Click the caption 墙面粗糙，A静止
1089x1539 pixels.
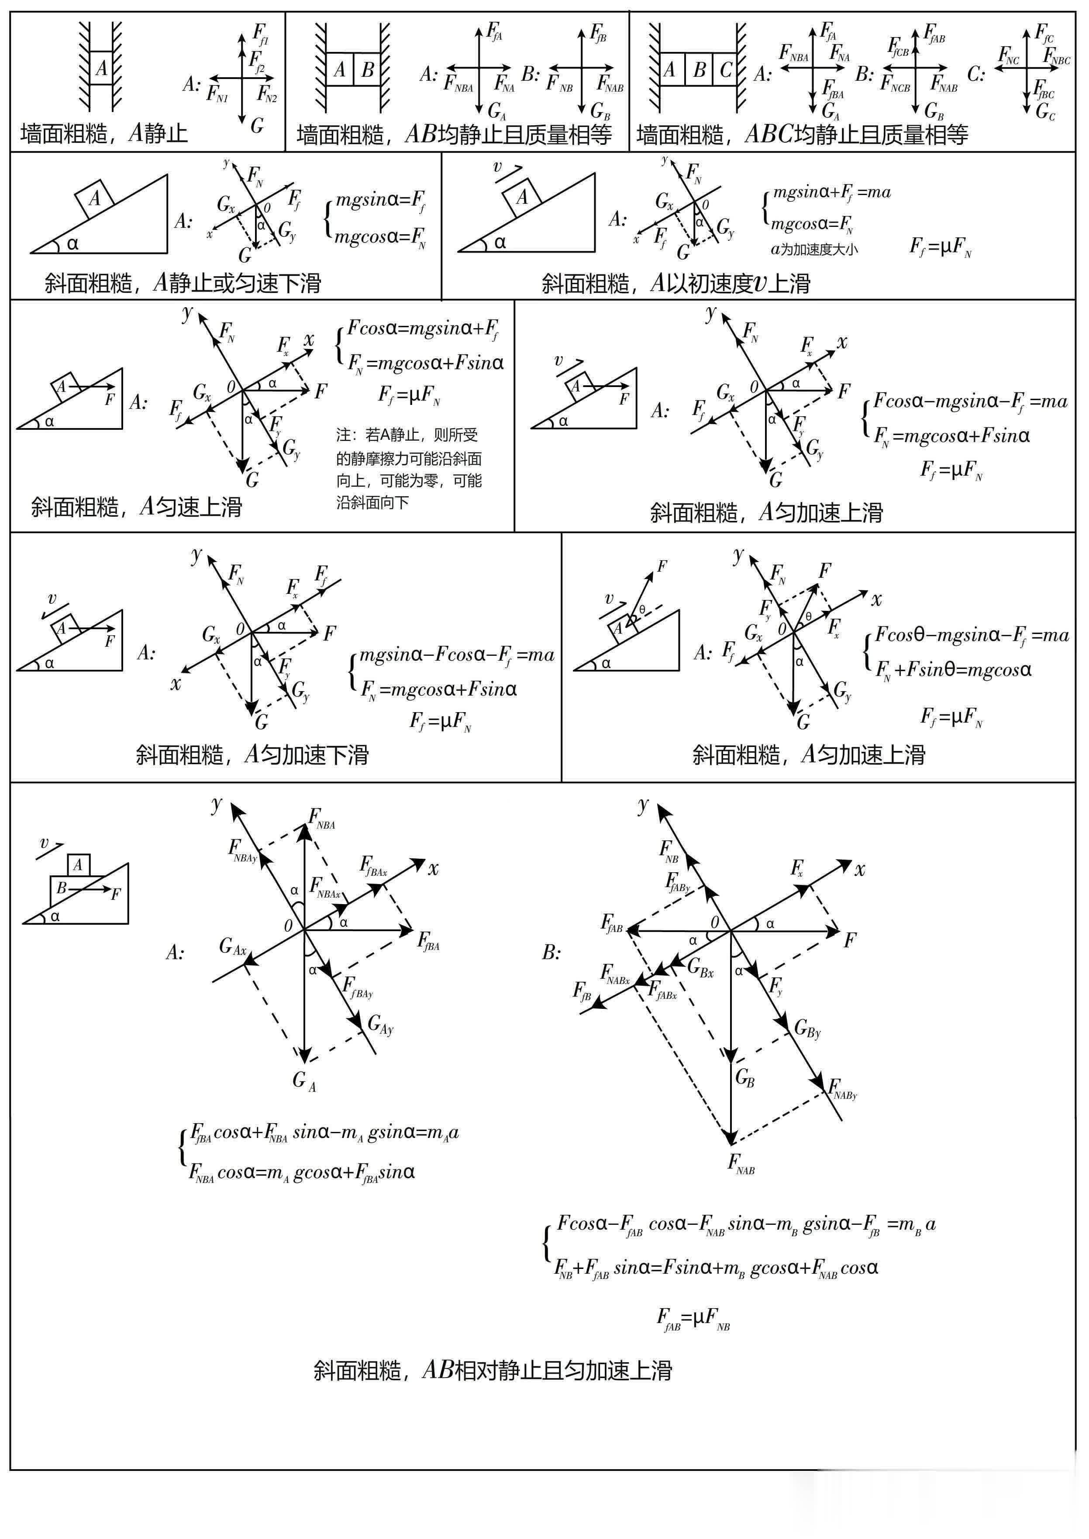pos(104,134)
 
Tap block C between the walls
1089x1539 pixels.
pos(726,70)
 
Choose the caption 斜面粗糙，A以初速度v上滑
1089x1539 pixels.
pos(676,284)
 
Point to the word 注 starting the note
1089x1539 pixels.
pos(343,435)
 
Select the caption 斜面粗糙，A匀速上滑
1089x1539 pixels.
pos(136,507)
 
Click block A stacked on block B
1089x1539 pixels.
pos(79,865)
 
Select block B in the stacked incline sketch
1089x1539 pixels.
pos(62,888)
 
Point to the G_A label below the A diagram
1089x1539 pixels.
pos(303,1080)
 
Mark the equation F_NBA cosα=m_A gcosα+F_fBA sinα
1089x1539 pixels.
pos(302,1172)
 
